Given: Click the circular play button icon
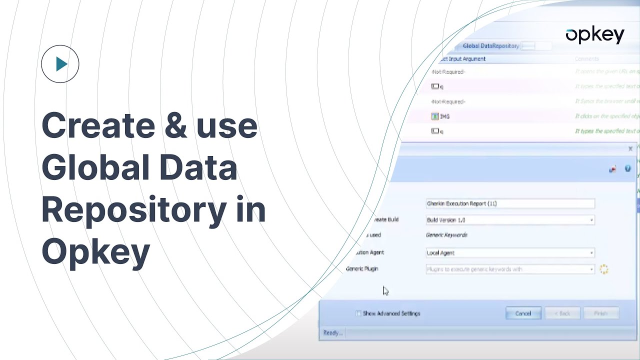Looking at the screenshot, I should tap(60, 64).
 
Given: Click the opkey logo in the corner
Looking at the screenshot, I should tap(594, 35).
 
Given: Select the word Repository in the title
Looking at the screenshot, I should tap(130, 210).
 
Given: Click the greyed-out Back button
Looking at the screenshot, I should tap(562, 313).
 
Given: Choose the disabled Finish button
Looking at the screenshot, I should tap(600, 313).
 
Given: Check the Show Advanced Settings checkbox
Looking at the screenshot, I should tap(358, 313).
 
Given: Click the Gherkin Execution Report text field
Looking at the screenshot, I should tap(510, 203).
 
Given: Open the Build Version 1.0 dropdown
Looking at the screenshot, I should tap(510, 220).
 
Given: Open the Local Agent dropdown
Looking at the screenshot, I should tap(510, 253).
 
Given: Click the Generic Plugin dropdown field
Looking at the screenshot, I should tap(510, 269).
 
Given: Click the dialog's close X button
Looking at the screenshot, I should tap(630, 149).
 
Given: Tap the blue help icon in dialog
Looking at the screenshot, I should tap(627, 169).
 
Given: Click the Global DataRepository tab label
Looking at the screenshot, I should tap(490, 46).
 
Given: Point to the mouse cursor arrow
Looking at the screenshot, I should tap(385, 290).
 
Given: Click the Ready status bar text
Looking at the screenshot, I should tap(332, 333).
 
